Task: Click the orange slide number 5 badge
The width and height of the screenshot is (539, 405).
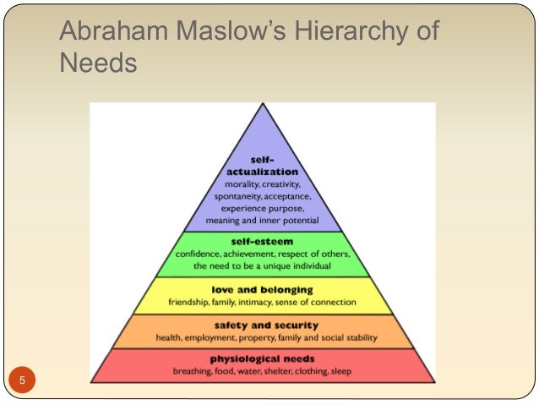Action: pos(23,379)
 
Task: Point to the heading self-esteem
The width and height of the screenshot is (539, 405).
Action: pos(263,241)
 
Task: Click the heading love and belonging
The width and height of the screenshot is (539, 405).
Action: pos(263,289)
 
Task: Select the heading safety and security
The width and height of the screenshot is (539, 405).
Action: pos(263,325)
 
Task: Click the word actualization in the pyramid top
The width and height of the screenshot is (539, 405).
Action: pos(263,171)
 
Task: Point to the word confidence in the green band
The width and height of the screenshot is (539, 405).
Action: pos(201,254)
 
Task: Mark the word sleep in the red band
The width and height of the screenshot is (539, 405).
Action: pos(340,371)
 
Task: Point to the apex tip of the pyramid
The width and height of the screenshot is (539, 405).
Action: pos(263,105)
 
